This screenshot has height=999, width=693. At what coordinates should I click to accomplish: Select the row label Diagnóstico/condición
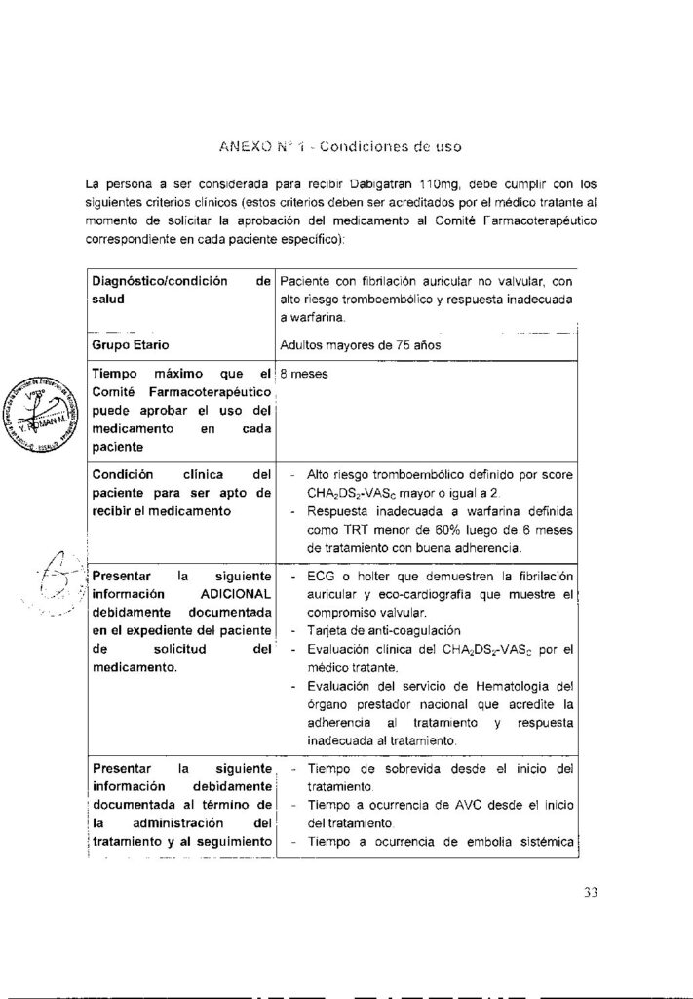(x=149, y=281)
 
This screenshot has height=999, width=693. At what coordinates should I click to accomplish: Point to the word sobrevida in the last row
(x=400, y=769)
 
